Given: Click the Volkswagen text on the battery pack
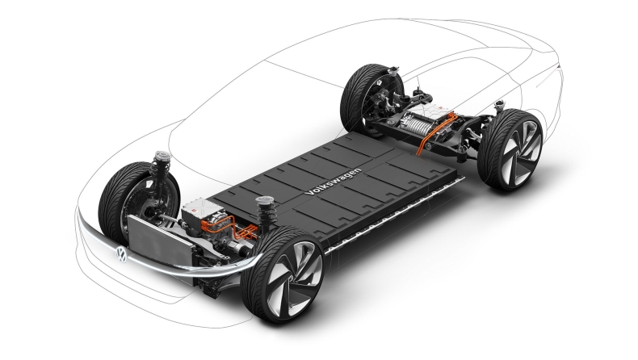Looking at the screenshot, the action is [333, 182].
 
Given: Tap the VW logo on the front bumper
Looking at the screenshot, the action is [121, 254].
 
